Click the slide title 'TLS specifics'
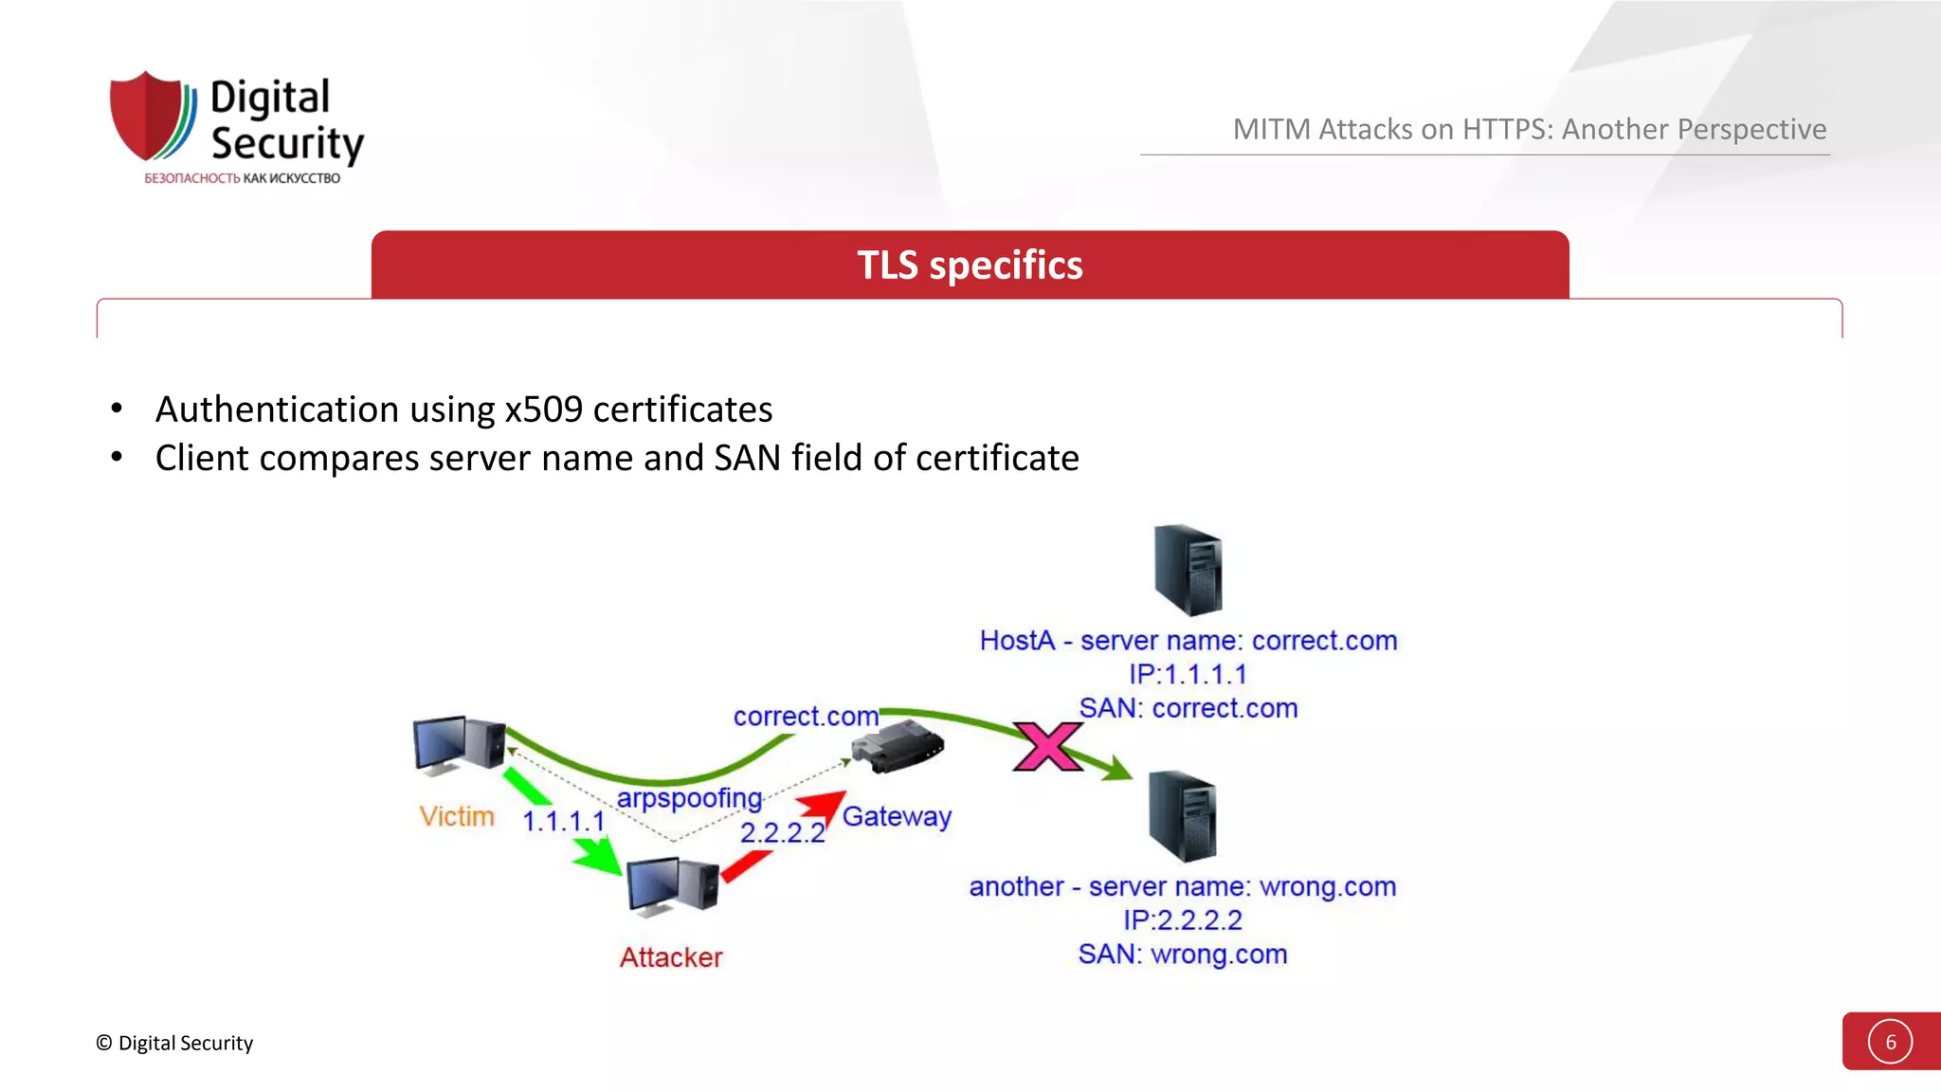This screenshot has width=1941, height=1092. pyautogui.click(x=970, y=265)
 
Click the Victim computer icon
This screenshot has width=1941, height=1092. pyautogui.click(x=459, y=744)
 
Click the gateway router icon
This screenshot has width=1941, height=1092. pyautogui.click(x=897, y=746)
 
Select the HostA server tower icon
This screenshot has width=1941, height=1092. pyautogui.click(x=1188, y=570)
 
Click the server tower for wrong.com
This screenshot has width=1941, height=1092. pyautogui.click(x=1182, y=815)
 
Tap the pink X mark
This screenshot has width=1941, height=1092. pyautogui.click(x=1047, y=746)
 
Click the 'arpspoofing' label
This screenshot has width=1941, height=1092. pyautogui.click(x=689, y=798)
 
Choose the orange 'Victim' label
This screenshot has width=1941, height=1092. pyautogui.click(x=457, y=816)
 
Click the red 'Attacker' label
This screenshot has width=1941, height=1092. pyautogui.click(x=671, y=957)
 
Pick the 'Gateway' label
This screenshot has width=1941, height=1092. pyautogui.click(x=897, y=816)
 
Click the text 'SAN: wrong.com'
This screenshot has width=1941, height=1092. pyautogui.click(x=1182, y=954)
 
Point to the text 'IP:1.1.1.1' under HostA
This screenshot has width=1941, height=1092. pyautogui.click(x=1187, y=674)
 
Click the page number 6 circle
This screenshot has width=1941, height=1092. pyautogui.click(x=1890, y=1042)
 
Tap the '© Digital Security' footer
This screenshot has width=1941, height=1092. pyautogui.click(x=174, y=1043)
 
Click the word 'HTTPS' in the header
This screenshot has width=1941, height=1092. pyautogui.click(x=1507, y=129)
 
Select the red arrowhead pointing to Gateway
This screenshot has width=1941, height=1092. pyautogui.click(x=824, y=807)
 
